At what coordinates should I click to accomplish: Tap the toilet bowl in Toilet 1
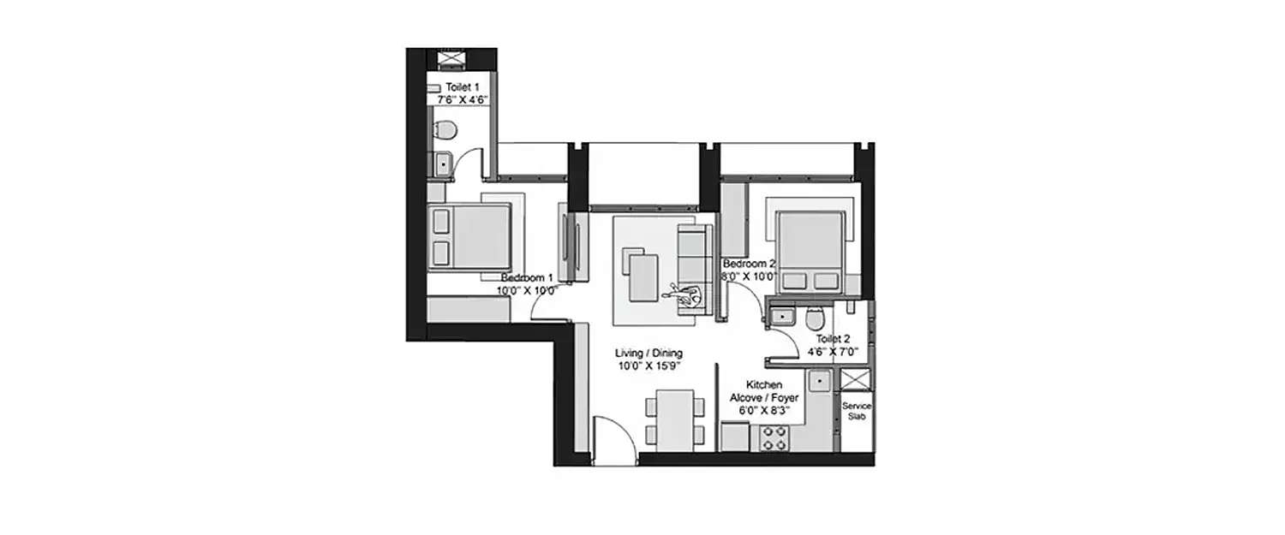444,131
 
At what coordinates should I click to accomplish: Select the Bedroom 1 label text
527,278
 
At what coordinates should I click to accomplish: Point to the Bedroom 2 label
749,264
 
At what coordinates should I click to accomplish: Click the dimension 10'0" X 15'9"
648,366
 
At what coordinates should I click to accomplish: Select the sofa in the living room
692,270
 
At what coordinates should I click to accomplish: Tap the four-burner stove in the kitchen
774,437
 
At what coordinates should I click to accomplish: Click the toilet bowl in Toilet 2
816,318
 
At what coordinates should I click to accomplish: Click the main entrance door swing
614,441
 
